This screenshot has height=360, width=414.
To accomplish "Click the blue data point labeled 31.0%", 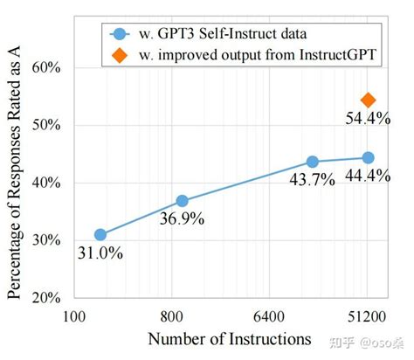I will click(100, 234).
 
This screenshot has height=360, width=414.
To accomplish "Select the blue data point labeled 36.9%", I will click(182, 201).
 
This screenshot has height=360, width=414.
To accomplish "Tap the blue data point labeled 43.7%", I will click(312, 162).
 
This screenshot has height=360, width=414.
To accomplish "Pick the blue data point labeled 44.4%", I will click(368, 157).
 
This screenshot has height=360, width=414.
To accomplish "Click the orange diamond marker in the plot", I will click(368, 100).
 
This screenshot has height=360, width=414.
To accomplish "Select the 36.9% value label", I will click(182, 219).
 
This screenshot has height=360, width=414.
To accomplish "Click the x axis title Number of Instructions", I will click(230, 337).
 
